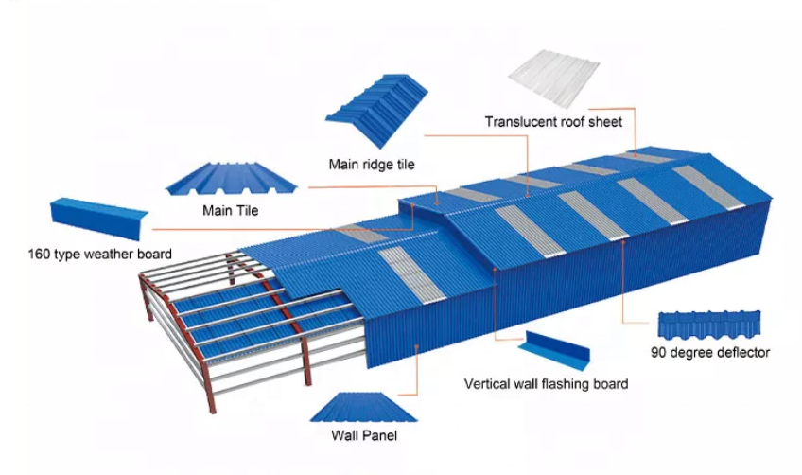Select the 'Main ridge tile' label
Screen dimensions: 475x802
click(372, 165)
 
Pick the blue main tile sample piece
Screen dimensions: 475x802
click(231, 177)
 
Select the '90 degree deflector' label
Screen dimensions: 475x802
click(710, 353)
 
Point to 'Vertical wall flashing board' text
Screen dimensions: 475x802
click(546, 384)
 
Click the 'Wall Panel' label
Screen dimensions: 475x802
click(364, 436)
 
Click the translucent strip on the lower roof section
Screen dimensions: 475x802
click(409, 275)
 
